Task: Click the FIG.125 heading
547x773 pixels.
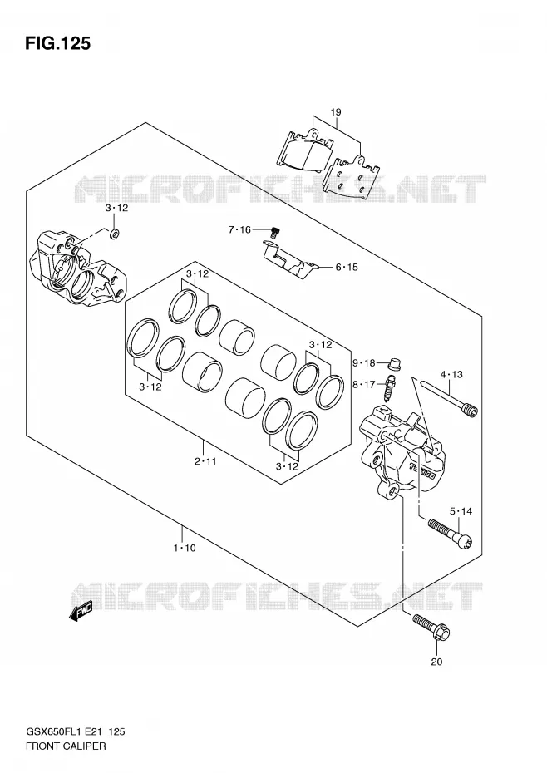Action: [x=57, y=44]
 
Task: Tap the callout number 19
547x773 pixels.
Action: [x=335, y=112]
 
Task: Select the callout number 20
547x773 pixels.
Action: [x=436, y=662]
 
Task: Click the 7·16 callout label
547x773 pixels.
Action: [x=239, y=229]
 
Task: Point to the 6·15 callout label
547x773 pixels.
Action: [x=347, y=267]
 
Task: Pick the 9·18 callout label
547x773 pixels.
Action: [x=364, y=363]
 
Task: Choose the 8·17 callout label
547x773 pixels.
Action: [x=364, y=384]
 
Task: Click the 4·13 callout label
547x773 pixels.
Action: [x=451, y=375]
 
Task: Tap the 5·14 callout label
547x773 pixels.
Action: [x=461, y=511]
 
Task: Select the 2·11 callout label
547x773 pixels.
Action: [x=205, y=461]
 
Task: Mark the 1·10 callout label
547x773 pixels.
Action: [x=184, y=548]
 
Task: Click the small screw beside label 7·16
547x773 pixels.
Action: [x=274, y=231]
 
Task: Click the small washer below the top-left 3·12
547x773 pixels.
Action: [x=115, y=234]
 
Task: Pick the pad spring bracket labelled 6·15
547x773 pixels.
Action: [x=289, y=258]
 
